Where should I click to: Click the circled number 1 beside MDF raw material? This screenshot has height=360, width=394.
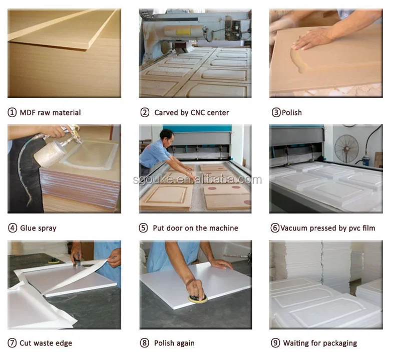click(12, 112)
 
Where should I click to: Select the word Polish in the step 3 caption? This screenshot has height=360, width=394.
click(292, 112)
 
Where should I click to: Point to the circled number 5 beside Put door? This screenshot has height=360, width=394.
click(143, 228)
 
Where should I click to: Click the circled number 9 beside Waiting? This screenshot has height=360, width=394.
click(275, 343)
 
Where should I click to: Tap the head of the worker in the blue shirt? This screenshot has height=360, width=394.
click(167, 137)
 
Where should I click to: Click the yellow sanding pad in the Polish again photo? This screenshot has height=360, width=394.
click(198, 298)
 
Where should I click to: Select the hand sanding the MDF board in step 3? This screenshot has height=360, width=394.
click(311, 39)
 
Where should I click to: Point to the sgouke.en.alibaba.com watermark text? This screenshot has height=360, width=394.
click(197, 179)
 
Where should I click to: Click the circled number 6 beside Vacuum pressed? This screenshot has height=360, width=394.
click(275, 228)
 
